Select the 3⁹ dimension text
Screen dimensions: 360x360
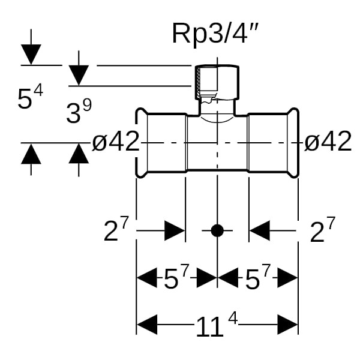point(79,112)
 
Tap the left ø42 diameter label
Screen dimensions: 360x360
point(116,142)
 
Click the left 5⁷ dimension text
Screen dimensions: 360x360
point(176,278)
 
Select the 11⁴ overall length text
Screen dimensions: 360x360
point(217,326)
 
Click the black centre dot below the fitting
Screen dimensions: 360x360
point(217,230)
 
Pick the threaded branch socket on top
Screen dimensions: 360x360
point(217,83)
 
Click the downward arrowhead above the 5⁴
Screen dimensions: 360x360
point(31,55)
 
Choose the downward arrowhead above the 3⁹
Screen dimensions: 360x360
point(79,76)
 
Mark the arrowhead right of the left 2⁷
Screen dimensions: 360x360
point(175,230)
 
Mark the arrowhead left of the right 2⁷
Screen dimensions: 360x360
point(260,230)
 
